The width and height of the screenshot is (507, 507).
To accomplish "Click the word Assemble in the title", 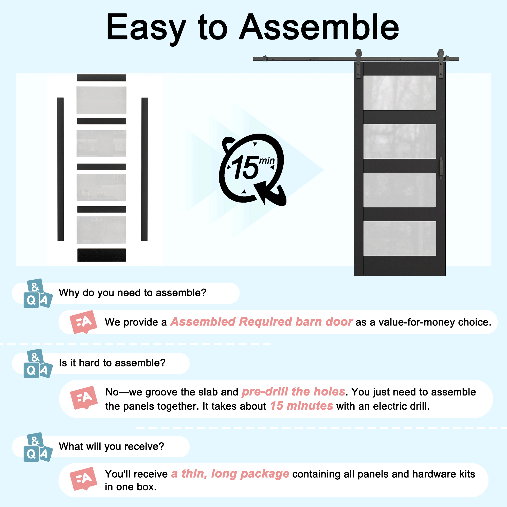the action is (x=319, y=27).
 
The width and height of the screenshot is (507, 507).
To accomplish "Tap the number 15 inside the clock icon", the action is (x=245, y=167).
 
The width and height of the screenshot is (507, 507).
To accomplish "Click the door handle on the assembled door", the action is (x=441, y=168).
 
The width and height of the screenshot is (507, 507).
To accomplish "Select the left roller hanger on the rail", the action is (x=358, y=63).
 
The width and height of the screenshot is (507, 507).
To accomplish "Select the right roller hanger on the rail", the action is (x=441, y=63).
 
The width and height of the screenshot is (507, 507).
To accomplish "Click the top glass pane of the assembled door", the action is (x=400, y=93).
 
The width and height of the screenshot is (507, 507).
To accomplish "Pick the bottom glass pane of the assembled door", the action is (x=400, y=238).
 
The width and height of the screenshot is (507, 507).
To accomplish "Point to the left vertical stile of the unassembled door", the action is (x=61, y=169).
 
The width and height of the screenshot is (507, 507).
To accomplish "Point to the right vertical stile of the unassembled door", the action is (x=144, y=169).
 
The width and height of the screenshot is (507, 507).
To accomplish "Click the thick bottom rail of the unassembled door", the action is (x=102, y=255).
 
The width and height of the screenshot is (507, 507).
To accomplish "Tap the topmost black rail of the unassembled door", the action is (x=102, y=78).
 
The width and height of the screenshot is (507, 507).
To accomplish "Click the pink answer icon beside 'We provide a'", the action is (x=83, y=322).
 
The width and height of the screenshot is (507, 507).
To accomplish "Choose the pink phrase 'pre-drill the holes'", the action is (x=293, y=392).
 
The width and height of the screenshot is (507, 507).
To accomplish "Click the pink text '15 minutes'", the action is (x=302, y=406).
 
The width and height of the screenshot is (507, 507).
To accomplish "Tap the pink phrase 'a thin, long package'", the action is (x=230, y=474).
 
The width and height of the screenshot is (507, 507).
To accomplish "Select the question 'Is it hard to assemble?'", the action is (x=112, y=363).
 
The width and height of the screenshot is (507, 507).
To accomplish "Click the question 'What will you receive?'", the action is (x=112, y=446).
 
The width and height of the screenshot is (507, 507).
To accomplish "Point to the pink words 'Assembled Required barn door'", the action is (x=261, y=322).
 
